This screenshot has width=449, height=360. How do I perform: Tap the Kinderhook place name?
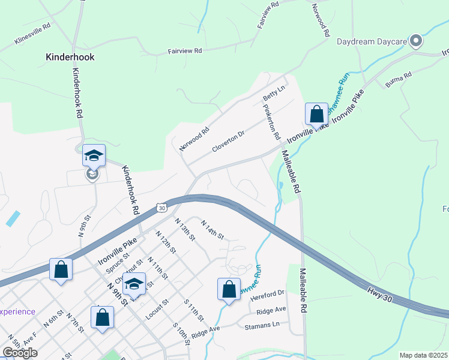click(x=70, y=58)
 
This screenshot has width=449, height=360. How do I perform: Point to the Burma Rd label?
click(x=399, y=79)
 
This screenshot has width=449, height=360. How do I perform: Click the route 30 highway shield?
click(x=160, y=208)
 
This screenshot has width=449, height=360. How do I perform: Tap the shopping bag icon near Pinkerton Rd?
click(x=316, y=113)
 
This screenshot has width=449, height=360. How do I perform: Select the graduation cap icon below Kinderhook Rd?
click(x=94, y=155)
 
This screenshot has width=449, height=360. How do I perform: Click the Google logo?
click(x=20, y=353)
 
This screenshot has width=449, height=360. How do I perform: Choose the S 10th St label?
click(x=181, y=334)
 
